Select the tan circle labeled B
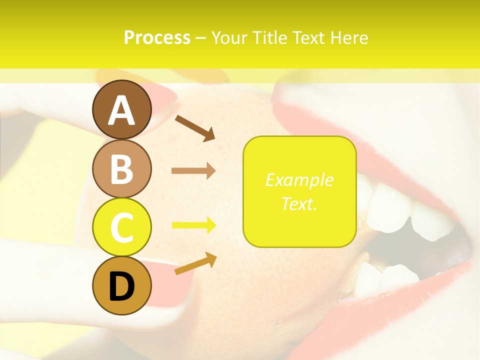tap(122, 168)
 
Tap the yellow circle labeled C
tap(122, 227)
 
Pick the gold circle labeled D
tap(122, 285)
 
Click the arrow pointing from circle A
tap(195, 127)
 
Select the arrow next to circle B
tap(193, 171)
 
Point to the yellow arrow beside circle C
tap(193, 225)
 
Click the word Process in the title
tap(157, 37)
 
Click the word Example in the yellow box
tap(299, 180)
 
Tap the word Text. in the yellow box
tap(299, 203)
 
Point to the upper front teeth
tap(400, 205)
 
